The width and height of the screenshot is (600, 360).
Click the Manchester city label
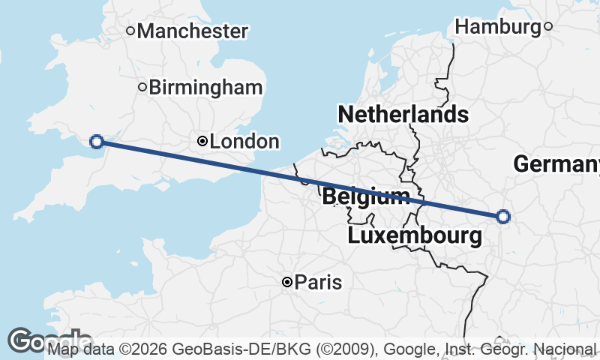tap(192, 31)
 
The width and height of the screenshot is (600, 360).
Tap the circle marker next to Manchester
tap(130, 31)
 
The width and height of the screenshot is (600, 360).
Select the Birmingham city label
tap(205, 87)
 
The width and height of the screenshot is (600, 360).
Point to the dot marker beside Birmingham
tap(142, 87)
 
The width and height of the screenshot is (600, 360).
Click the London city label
tap(244, 141)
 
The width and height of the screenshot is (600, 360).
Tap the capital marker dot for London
tap(202, 141)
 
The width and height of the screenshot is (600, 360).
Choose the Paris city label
tap(318, 283)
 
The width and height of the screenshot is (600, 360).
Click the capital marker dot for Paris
tap(286, 282)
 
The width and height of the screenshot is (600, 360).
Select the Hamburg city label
tap(498, 27)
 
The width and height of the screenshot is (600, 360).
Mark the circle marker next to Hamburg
tap(548, 27)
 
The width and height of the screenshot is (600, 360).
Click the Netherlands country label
tap(403, 115)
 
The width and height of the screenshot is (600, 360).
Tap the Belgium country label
tap(366, 198)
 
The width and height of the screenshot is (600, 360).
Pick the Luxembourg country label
tap(415, 236)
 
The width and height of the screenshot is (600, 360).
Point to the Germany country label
tap(556, 163)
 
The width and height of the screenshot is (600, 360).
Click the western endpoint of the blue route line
tap(96, 141)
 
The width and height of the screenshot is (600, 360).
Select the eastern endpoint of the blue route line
tap(503, 217)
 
